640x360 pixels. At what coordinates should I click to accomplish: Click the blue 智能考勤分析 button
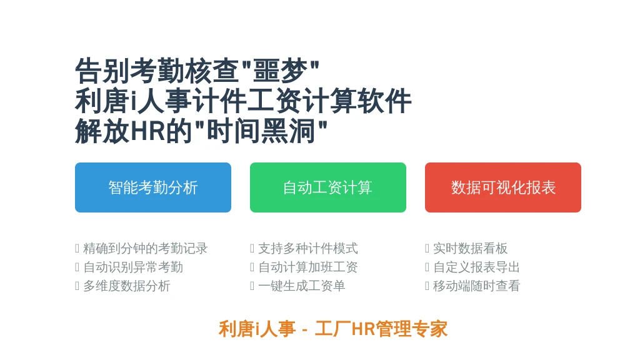[153, 187]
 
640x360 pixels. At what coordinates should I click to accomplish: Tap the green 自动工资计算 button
[327, 187]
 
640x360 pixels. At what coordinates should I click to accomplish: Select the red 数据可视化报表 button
[503, 187]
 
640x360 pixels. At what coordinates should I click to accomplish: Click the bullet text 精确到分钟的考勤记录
[145, 248]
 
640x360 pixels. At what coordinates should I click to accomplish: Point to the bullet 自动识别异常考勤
[133, 267]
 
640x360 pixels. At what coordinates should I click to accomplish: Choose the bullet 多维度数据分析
[126, 286]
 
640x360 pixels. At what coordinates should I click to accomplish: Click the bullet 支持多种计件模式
[307, 248]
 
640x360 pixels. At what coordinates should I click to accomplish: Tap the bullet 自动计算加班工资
[307, 267]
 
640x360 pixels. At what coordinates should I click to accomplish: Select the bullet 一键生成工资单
[302, 286]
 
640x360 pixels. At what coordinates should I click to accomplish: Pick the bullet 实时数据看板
[470, 248]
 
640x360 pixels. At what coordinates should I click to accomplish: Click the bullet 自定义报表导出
[476, 267]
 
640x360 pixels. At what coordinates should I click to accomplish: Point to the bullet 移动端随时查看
[476, 286]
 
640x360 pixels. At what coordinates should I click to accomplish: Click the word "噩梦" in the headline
[281, 71]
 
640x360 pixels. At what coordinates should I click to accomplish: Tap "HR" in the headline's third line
[147, 131]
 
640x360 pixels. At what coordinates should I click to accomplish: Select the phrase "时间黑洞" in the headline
[261, 131]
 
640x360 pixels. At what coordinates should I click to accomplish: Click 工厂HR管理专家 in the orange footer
[381, 329]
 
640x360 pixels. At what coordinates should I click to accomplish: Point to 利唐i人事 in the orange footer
[257, 329]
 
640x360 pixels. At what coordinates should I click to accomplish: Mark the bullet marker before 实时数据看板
[427, 248]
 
